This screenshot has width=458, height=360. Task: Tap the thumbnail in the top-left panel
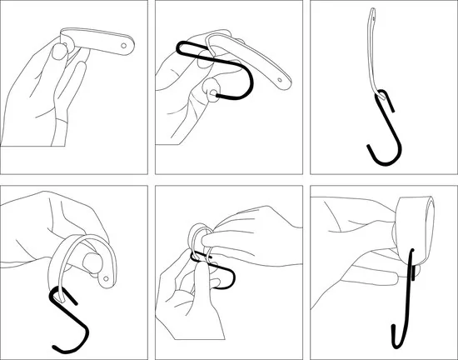click(59, 52)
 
